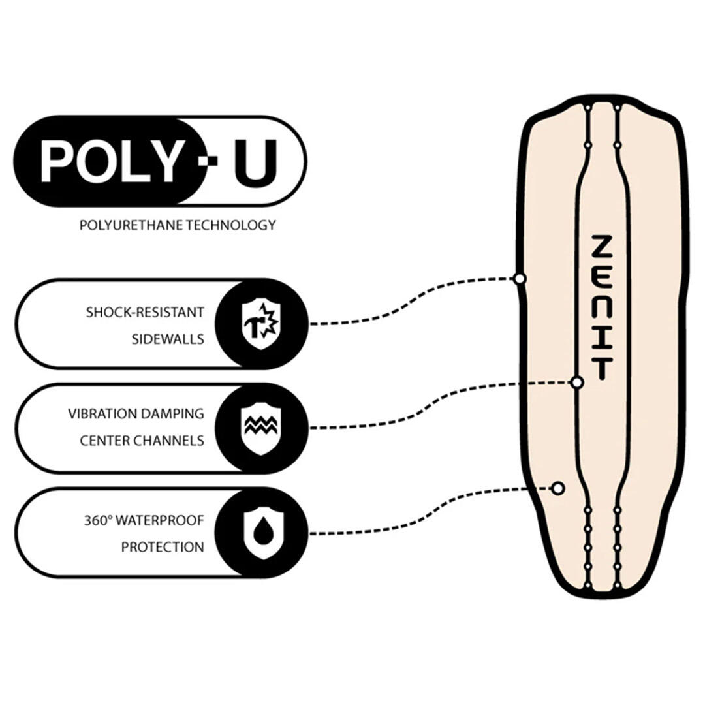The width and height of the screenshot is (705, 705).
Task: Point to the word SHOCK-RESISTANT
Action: click(145, 312)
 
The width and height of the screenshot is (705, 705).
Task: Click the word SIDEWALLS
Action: click(169, 339)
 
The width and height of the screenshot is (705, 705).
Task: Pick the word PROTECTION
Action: click(163, 547)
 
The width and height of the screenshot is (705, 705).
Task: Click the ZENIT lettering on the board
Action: click(601, 307)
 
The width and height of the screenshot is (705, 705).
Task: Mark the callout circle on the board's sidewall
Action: click(520, 279)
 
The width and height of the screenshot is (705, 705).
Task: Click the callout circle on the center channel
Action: click(577, 383)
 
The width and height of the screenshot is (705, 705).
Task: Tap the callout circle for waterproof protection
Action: click(557, 488)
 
